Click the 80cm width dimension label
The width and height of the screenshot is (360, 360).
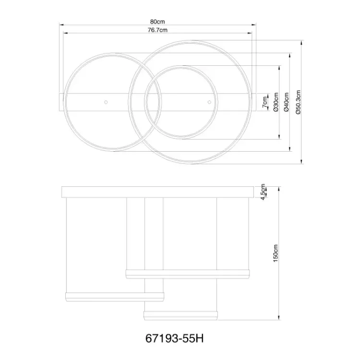158,22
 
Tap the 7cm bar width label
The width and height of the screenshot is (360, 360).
264,102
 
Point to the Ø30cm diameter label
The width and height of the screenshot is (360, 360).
276,102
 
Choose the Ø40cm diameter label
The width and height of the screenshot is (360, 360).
286,102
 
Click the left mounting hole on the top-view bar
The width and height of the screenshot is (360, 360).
106,102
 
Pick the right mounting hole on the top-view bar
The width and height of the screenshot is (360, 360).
209,102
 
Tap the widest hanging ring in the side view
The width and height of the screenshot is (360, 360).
188,274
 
